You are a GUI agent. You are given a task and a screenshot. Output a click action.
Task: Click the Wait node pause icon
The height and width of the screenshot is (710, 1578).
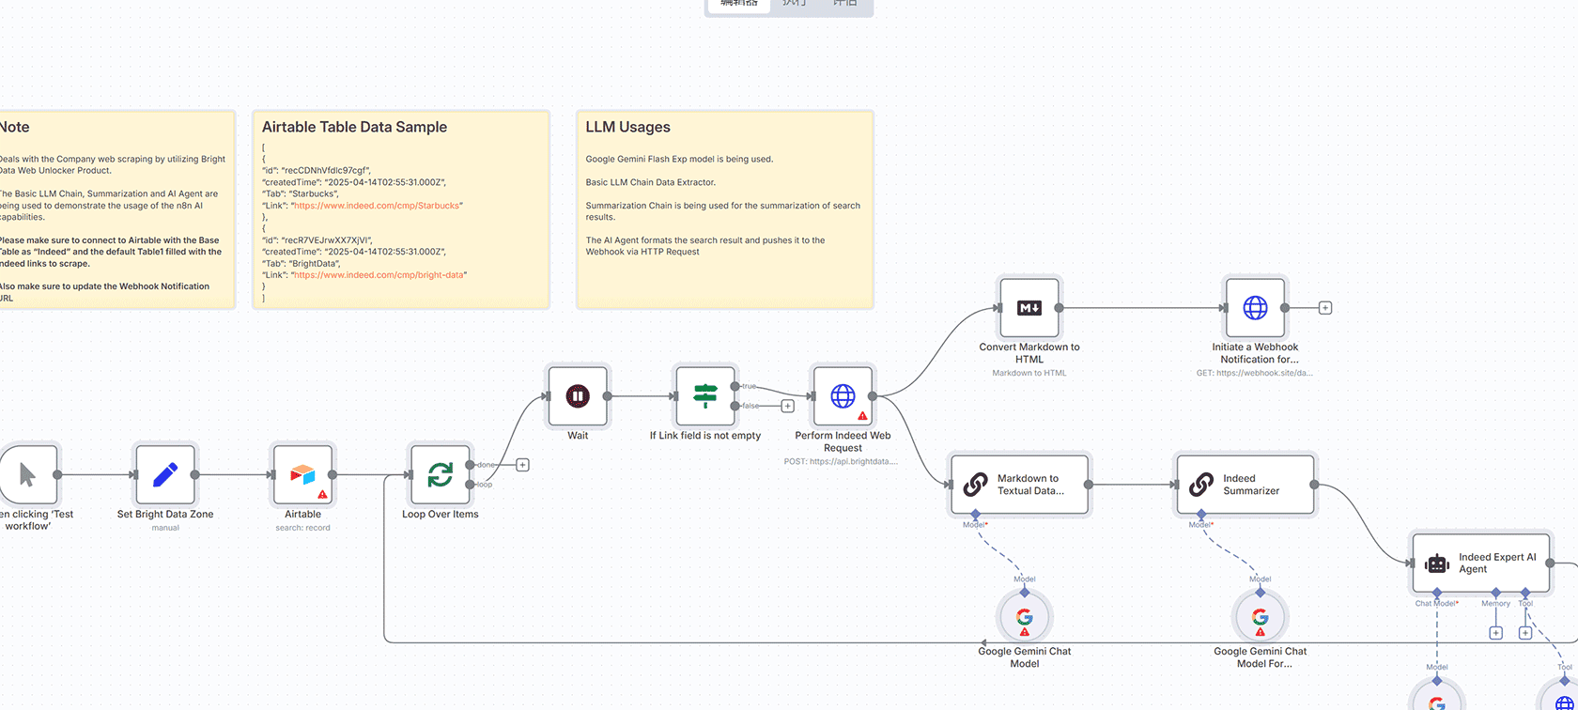[578, 396]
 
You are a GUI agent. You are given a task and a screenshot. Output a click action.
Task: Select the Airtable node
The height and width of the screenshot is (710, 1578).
[302, 475]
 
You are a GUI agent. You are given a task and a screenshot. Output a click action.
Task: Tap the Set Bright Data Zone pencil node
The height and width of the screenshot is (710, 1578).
[165, 475]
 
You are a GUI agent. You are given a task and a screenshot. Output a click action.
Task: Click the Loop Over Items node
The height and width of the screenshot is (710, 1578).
[440, 475]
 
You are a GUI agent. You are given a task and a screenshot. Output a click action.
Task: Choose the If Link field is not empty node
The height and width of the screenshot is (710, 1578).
[705, 396]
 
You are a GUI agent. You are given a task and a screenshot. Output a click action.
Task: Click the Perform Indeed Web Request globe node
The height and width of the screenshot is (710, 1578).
[843, 396]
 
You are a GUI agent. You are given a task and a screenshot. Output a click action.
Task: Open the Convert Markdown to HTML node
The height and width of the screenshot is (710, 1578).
[1029, 308]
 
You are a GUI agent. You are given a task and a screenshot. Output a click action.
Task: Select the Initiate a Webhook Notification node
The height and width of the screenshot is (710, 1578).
[1255, 308]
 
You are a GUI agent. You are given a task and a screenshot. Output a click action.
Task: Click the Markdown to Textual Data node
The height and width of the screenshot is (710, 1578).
[1020, 485]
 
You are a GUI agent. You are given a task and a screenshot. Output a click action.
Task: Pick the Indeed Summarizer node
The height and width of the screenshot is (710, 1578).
[1245, 485]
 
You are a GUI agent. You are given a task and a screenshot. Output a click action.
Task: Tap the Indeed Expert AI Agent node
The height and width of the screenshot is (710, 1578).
[1480, 563]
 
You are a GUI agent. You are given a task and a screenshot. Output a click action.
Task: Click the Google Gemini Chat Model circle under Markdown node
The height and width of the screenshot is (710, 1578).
[1025, 618]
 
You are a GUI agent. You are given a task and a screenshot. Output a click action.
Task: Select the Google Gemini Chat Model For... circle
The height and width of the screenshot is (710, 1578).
[1261, 618]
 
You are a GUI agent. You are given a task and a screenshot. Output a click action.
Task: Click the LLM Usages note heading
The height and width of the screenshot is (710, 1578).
[628, 127]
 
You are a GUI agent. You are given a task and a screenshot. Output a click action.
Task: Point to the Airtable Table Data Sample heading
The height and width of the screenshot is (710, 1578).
[354, 127]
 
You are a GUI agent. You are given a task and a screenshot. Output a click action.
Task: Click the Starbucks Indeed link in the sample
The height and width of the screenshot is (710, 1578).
[377, 206]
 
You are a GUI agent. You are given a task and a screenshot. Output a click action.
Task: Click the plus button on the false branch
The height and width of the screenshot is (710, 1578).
[788, 407]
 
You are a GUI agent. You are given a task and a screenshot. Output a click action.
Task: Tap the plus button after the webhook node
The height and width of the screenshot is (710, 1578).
[1325, 308]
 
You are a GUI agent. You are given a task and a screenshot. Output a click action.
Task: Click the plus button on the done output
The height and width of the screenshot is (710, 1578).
[523, 465]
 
